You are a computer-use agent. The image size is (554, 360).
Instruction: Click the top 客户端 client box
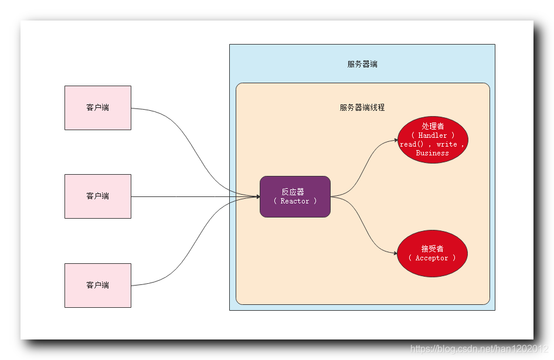click(97, 108)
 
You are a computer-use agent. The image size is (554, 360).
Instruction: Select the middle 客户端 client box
click(97, 196)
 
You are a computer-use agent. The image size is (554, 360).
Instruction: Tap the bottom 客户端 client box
click(97, 285)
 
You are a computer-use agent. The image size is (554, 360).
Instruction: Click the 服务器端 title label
click(362, 64)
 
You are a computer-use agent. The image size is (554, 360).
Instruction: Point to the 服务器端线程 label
click(362, 108)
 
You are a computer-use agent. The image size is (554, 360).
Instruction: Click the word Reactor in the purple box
click(295, 201)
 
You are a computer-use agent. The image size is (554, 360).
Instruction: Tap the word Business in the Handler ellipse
click(432, 153)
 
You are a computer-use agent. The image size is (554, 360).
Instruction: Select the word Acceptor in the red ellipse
click(432, 258)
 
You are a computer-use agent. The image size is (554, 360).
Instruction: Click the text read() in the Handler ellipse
click(408, 144)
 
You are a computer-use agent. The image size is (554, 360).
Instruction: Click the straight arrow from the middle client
click(193, 196)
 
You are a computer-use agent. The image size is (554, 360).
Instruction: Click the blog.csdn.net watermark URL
click(480, 349)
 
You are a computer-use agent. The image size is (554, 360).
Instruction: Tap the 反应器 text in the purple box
click(293, 192)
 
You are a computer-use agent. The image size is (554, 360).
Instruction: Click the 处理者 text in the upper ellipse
click(433, 126)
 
